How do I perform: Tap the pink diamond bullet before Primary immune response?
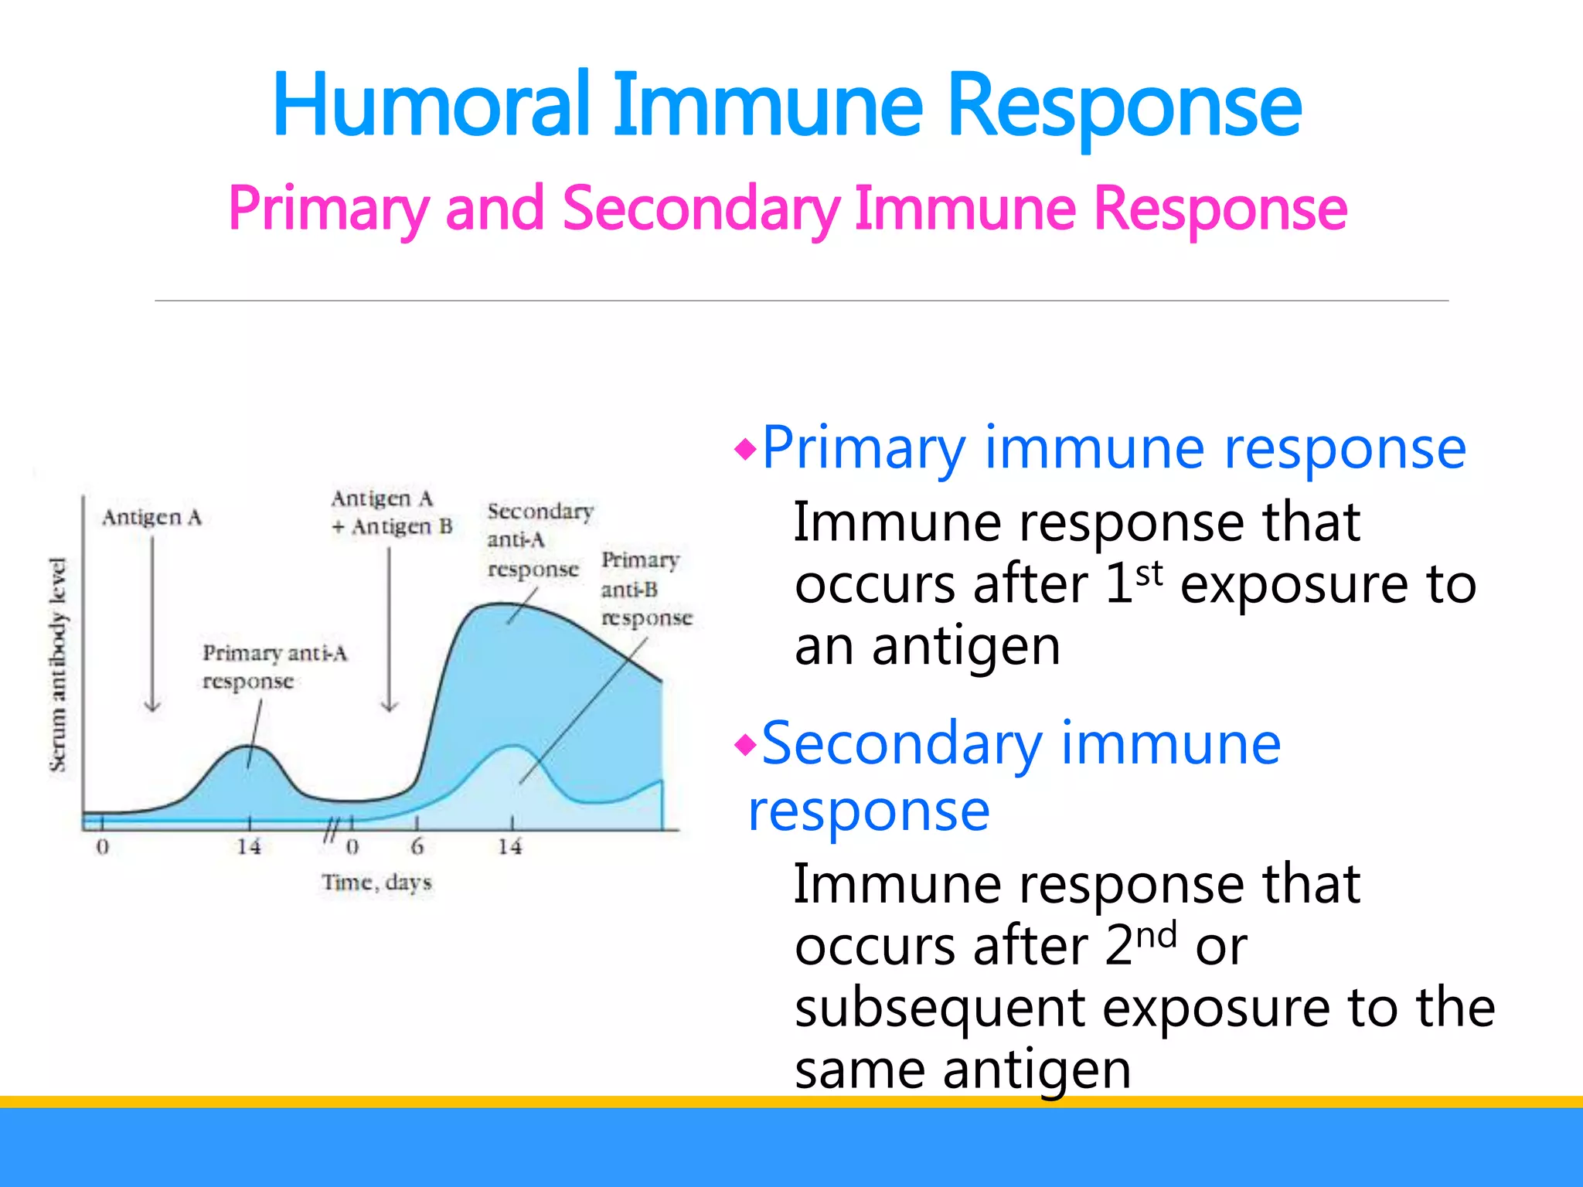(x=745, y=449)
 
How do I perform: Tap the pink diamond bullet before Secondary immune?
(x=745, y=746)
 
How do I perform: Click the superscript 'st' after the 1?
(x=1149, y=573)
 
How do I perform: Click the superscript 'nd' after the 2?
(x=1156, y=935)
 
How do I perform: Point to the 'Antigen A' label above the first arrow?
(x=151, y=517)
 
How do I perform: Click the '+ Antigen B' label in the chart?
(x=392, y=527)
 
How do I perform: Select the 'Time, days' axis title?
(x=376, y=882)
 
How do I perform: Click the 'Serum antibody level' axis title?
(x=58, y=665)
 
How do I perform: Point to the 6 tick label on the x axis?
(x=417, y=847)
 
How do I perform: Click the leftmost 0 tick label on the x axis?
(x=102, y=847)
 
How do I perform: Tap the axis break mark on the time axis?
(x=331, y=830)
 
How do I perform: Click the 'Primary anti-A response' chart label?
(x=274, y=667)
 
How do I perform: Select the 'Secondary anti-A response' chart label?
(x=540, y=540)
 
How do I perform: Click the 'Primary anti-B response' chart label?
(x=646, y=589)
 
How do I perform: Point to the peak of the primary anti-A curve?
(x=248, y=747)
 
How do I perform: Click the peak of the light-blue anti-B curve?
(x=512, y=746)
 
